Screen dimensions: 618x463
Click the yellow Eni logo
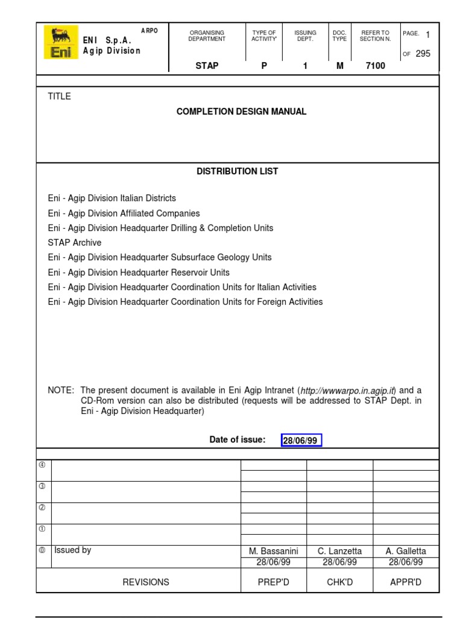[x=61, y=42]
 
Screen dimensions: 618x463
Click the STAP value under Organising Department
[x=207, y=66]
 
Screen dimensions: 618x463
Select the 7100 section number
[x=375, y=66]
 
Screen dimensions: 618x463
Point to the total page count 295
[x=423, y=54]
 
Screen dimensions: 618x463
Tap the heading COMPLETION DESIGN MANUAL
[x=241, y=112]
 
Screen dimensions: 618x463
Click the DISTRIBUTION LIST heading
[x=238, y=171]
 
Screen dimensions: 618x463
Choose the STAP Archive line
[x=75, y=243]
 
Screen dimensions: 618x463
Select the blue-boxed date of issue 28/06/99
[x=301, y=441]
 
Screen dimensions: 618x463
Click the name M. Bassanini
[x=274, y=551]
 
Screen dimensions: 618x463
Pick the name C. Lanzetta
[x=340, y=551]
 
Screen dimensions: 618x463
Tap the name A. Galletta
[x=406, y=551]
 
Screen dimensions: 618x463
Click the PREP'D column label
[x=274, y=582]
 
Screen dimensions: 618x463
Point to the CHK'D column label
[x=340, y=582]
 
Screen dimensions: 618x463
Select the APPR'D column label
[x=406, y=582]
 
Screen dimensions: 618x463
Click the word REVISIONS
[x=146, y=582]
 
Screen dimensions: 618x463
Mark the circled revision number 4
[x=42, y=465]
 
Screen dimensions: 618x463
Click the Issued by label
[x=73, y=550]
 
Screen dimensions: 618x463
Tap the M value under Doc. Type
[x=340, y=66]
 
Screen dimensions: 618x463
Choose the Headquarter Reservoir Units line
[x=139, y=272]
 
